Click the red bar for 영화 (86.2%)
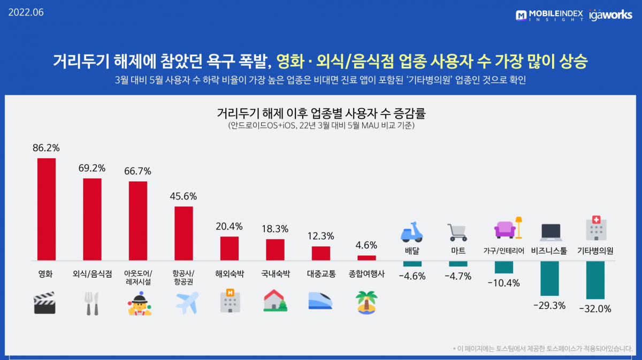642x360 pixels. tap(47, 209)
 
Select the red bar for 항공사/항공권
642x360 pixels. tap(184, 233)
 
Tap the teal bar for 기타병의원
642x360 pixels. tap(595, 280)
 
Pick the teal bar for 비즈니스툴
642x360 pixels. tap(549, 278)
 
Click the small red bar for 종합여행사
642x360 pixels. tap(366, 258)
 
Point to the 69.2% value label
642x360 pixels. tap(92, 168)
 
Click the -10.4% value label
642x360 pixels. tap(503, 283)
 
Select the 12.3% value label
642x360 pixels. tap(321, 236)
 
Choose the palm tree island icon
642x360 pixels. tap(366, 303)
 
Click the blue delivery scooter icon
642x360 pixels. tap(412, 231)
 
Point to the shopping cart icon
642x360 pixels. tap(458, 232)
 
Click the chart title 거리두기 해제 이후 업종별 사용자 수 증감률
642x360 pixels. tap(321, 114)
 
